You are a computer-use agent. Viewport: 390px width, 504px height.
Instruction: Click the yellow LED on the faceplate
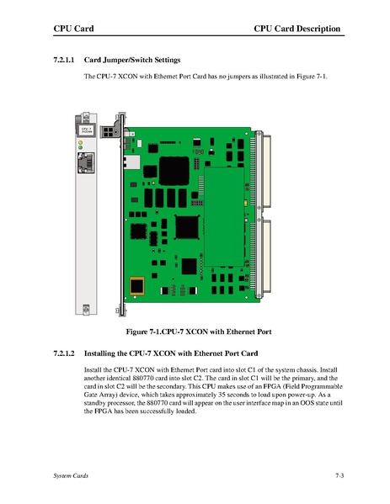pyautogui.click(x=81, y=142)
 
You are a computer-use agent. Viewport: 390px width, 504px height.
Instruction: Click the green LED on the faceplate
pyautogui.click(x=81, y=147)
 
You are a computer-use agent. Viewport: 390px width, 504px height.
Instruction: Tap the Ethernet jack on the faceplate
pyautogui.click(x=86, y=162)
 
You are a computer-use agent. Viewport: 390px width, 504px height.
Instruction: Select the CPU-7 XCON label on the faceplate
pyautogui.click(x=86, y=130)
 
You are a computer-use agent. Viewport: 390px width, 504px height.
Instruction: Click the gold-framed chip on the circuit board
pyautogui.click(x=136, y=286)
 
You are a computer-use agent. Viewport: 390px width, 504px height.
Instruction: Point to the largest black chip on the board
pyautogui.click(x=174, y=171)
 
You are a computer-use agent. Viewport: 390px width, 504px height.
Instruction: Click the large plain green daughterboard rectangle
pyautogui.click(x=224, y=216)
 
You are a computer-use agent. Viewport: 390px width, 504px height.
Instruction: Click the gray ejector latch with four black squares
pyautogui.click(x=110, y=131)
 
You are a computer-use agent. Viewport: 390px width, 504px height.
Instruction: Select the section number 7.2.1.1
pyautogui.click(x=64, y=60)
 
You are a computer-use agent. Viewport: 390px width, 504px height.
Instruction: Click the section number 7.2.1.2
pyautogui.click(x=64, y=353)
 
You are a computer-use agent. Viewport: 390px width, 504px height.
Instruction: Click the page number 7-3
pyautogui.click(x=339, y=475)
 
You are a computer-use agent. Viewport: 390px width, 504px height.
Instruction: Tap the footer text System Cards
pyautogui.click(x=71, y=475)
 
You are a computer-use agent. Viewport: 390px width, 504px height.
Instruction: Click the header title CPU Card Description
pyautogui.click(x=297, y=29)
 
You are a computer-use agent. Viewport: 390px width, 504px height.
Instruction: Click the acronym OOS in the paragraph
pyautogui.click(x=307, y=403)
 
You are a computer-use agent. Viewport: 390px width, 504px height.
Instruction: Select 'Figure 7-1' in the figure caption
pyautogui.click(x=142, y=332)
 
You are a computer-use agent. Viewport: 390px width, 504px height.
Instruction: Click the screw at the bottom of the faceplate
pyautogui.click(x=86, y=309)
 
